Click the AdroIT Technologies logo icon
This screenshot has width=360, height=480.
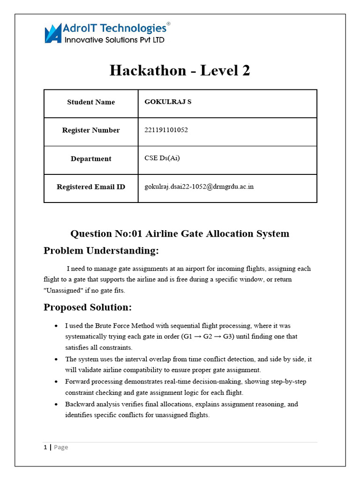point(53,34)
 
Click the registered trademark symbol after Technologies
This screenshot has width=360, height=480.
point(169,23)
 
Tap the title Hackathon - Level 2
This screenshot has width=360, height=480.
point(180,70)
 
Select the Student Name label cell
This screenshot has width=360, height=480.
point(91,102)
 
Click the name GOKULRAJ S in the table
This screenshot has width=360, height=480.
point(168,102)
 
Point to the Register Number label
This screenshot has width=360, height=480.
point(91,130)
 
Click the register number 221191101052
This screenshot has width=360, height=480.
point(166,130)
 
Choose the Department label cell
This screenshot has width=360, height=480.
point(91,159)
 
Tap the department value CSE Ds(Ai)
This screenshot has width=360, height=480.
point(162,158)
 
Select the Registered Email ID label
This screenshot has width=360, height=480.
point(91,187)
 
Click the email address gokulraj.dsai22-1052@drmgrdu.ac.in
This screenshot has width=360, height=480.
point(199,187)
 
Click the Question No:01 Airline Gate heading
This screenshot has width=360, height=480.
point(180,233)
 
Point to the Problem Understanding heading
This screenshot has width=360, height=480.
point(101,251)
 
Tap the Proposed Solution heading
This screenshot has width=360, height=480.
point(88,307)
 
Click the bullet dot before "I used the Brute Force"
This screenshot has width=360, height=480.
point(56,325)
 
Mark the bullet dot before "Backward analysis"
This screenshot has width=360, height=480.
point(56,404)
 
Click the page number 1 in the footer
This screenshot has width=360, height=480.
point(45,447)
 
